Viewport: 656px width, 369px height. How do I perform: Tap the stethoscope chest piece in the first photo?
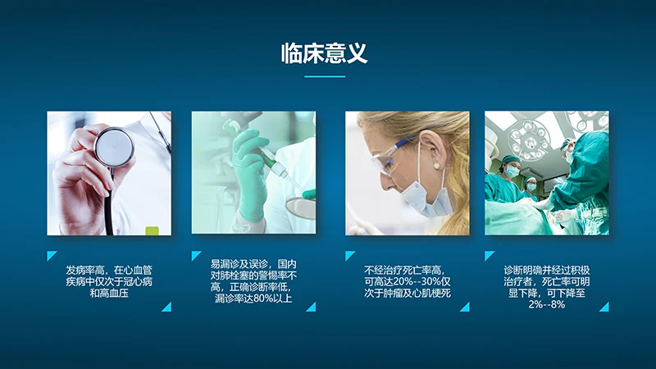[114, 147]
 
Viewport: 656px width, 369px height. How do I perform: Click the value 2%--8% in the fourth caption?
[546, 305]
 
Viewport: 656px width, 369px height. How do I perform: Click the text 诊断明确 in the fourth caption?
[522, 270]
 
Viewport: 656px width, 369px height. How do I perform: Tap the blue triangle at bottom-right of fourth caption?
[604, 307]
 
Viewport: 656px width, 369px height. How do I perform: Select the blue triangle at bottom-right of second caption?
[312, 307]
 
